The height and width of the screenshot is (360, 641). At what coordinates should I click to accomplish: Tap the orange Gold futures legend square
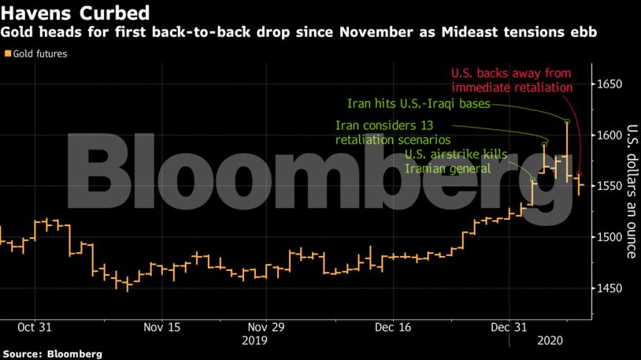click(x=8, y=54)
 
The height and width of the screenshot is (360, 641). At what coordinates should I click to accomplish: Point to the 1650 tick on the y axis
click(x=611, y=84)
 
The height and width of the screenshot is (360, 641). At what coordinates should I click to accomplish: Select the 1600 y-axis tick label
click(x=611, y=135)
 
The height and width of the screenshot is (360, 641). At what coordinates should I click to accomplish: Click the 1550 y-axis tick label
click(x=611, y=186)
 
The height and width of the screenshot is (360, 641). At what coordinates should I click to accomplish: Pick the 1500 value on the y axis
click(x=611, y=237)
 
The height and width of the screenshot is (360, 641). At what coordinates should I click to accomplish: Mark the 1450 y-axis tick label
click(x=611, y=288)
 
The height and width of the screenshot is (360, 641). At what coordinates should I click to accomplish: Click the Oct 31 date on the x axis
click(x=35, y=326)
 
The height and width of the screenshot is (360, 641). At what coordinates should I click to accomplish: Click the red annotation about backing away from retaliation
click(x=511, y=80)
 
